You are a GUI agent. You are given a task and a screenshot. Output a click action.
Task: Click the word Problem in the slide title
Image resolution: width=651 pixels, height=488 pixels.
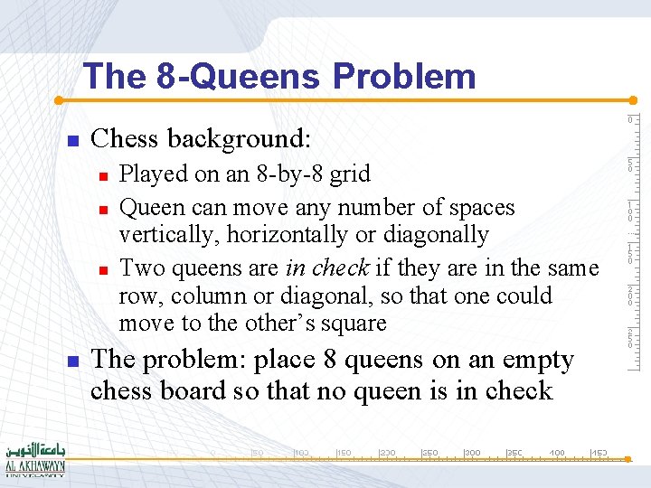pos(404,77)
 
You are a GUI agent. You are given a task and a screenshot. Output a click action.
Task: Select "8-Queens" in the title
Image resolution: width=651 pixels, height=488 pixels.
pos(238,77)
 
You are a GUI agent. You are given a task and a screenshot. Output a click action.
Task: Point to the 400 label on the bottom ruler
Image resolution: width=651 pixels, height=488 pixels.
pos(557,452)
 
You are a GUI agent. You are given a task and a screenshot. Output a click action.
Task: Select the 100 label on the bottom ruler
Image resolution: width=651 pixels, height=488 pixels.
pos(302,452)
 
